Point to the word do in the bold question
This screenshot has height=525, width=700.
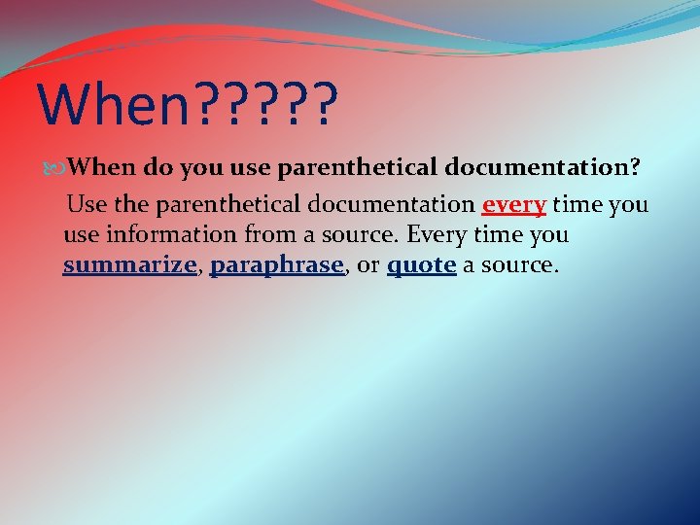(161, 167)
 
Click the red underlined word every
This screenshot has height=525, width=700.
(514, 205)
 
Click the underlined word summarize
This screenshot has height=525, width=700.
(129, 264)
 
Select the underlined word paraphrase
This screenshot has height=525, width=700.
(277, 264)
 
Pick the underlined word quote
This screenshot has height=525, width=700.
(421, 264)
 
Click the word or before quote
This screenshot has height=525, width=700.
(368, 264)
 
